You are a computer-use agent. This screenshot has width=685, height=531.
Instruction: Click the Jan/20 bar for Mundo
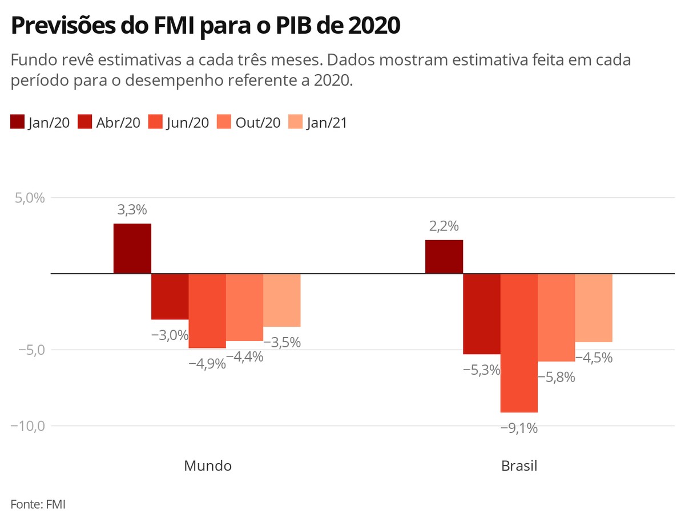pyautogui.click(x=132, y=249)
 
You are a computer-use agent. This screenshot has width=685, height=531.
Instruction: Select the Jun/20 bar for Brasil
pyautogui.click(x=519, y=342)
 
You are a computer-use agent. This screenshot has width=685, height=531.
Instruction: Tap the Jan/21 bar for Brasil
pyautogui.click(x=594, y=308)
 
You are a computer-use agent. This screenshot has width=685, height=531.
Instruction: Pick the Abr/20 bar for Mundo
pyautogui.click(x=170, y=297)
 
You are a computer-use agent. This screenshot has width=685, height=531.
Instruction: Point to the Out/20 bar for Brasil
pyautogui.click(x=556, y=318)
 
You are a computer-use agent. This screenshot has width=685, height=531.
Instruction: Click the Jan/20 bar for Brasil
pyautogui.click(x=444, y=257)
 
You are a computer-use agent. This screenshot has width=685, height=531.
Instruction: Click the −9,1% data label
pyautogui.click(x=519, y=428)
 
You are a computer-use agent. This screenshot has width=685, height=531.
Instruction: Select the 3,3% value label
pyautogui.click(x=132, y=210)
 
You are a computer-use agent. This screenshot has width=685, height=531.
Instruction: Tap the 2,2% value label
pyautogui.click(x=444, y=226)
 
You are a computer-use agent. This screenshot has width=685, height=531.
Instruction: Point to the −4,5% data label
pyautogui.click(x=594, y=358)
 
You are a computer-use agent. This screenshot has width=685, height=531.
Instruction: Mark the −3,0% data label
pyautogui.click(x=170, y=335)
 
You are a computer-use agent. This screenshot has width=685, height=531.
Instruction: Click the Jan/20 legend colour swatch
pyautogui.click(x=18, y=122)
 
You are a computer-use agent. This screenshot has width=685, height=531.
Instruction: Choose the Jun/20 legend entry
pyautogui.click(x=178, y=123)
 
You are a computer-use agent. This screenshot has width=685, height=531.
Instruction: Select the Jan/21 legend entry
pyautogui.click(x=317, y=123)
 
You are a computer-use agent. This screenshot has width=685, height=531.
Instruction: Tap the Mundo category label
pyautogui.click(x=208, y=465)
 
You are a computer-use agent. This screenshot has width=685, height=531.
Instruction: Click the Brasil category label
pyautogui.click(x=519, y=465)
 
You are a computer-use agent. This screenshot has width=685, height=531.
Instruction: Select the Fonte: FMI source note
pyautogui.click(x=38, y=504)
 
